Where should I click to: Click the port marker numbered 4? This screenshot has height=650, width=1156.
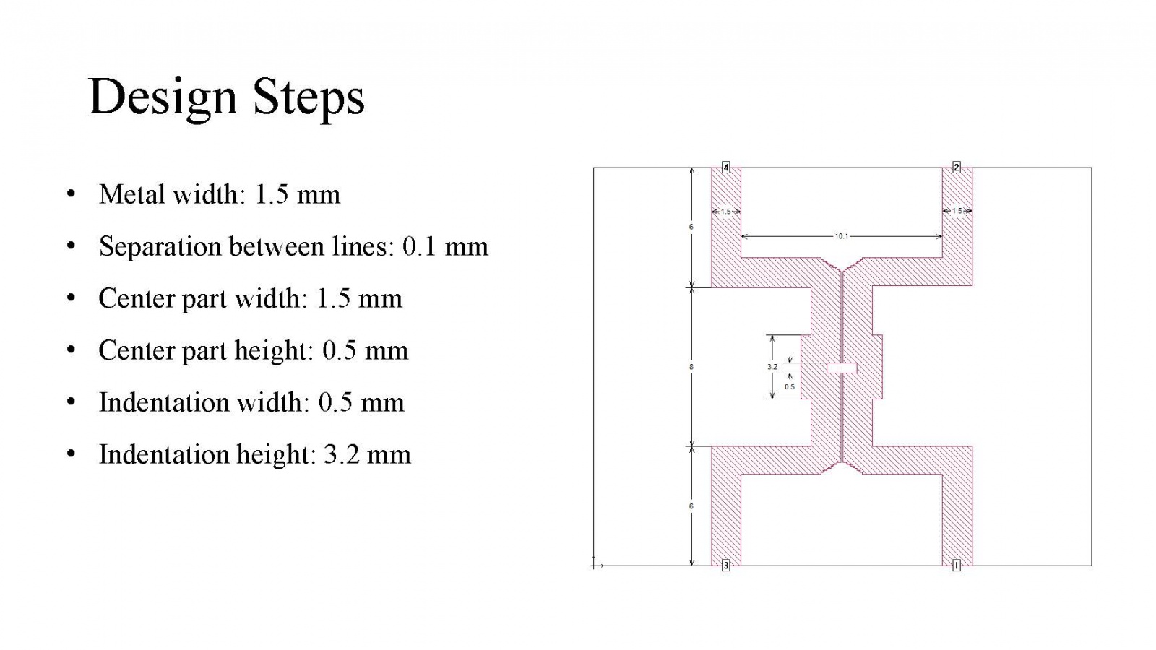[725, 168]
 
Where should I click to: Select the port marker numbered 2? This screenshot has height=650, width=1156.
[957, 167]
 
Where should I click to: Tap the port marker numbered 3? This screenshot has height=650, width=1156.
[725, 565]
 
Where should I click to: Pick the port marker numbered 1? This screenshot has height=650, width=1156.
[957, 565]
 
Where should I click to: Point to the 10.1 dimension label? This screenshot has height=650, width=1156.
[841, 236]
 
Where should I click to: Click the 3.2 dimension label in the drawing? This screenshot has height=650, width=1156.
[772, 367]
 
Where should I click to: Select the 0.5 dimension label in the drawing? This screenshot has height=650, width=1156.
[790, 386]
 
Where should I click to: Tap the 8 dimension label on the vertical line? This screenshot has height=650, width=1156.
[691, 367]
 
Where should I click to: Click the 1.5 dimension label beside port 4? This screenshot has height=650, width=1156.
[725, 212]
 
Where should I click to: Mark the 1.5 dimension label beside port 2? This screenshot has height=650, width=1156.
[957, 211]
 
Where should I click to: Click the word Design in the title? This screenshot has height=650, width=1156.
[163, 98]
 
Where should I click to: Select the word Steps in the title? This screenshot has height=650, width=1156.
[309, 98]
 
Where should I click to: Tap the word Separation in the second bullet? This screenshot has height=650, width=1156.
[160, 246]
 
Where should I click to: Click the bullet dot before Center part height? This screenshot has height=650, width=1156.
[72, 350]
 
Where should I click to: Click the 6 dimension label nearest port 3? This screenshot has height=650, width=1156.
[691, 506]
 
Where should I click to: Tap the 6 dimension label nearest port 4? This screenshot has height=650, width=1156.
[691, 227]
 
